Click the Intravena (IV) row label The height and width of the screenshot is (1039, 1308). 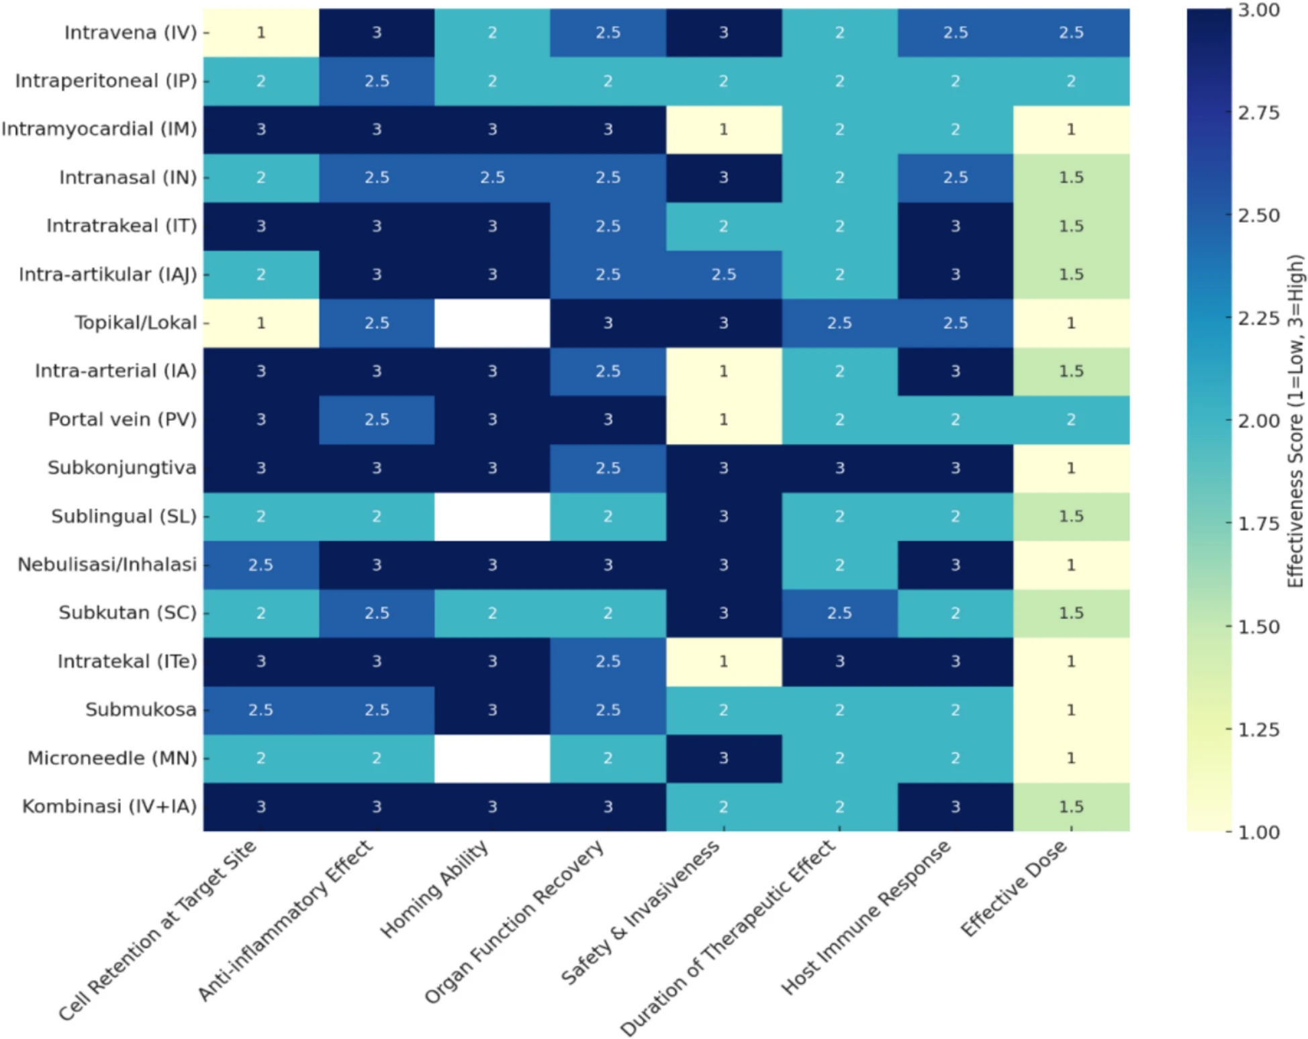click(130, 32)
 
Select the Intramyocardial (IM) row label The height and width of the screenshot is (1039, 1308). click(99, 129)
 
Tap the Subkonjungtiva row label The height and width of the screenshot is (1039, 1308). click(122, 468)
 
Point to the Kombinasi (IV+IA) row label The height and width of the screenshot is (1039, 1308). click(109, 806)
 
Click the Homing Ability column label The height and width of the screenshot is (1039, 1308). click(435, 889)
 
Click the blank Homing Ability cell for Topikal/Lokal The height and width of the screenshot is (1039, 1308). click(492, 323)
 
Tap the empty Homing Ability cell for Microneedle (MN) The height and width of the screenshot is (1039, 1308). click(492, 758)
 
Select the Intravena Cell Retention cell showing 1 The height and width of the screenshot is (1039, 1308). click(261, 32)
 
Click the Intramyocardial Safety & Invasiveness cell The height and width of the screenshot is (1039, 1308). click(724, 129)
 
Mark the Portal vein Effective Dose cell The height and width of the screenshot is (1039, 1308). click(1071, 419)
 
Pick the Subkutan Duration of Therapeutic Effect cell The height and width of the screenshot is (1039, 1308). click(839, 613)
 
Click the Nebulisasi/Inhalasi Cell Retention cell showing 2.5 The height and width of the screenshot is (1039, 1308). click(261, 564)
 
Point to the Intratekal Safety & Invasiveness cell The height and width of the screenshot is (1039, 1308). click(724, 661)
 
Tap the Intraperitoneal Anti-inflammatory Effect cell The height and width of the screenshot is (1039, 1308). click(377, 81)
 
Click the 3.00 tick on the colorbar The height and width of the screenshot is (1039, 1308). click(1257, 11)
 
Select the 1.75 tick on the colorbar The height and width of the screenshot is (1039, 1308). click(1257, 524)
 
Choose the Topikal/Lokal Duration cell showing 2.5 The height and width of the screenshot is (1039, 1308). click(839, 323)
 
